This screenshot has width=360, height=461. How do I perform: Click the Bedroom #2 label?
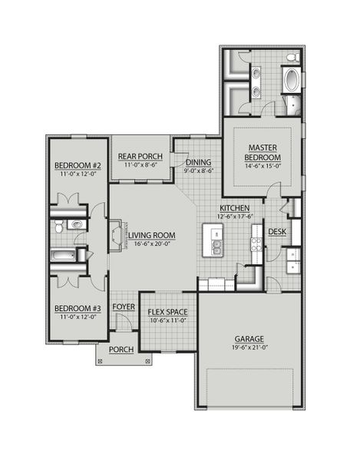(78, 166)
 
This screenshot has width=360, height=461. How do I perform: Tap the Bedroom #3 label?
(77, 310)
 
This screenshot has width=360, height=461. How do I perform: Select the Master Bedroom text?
(261, 151)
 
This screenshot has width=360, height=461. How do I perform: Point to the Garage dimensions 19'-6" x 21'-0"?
(249, 347)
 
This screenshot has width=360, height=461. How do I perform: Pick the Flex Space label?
(167, 313)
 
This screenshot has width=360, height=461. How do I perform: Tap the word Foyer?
(124, 306)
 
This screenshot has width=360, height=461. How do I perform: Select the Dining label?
(199, 162)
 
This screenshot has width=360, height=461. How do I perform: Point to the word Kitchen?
(234, 208)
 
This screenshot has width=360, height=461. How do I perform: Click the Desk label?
(277, 231)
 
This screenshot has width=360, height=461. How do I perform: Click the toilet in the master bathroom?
(292, 58)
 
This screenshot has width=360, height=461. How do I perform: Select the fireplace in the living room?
(115, 234)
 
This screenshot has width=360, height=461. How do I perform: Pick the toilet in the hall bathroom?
(71, 225)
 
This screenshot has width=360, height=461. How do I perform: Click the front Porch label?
(122, 350)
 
